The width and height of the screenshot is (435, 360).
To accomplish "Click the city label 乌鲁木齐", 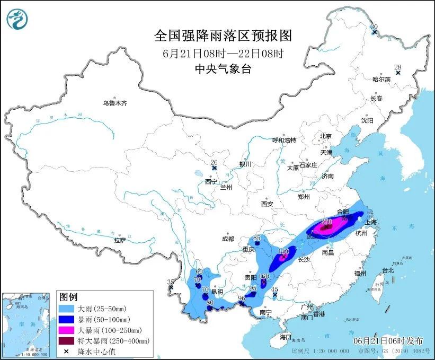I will [115, 103].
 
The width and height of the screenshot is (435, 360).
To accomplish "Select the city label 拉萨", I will [119, 240].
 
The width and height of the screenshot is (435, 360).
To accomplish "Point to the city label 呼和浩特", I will [284, 140].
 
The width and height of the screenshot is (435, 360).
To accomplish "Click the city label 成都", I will [228, 239].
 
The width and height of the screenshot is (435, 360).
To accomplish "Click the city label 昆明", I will [217, 292].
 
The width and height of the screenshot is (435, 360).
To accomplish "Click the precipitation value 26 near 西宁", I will [214, 162].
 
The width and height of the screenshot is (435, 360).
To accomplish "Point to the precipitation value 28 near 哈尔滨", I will [397, 67].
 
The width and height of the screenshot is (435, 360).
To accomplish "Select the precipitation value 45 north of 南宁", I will [274, 289].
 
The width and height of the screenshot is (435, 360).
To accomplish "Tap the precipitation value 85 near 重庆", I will [257, 238].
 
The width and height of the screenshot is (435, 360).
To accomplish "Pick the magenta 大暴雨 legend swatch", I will [68, 329].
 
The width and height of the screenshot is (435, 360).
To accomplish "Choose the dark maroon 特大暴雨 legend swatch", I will [68, 340].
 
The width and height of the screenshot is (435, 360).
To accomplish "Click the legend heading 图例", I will [68, 296].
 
